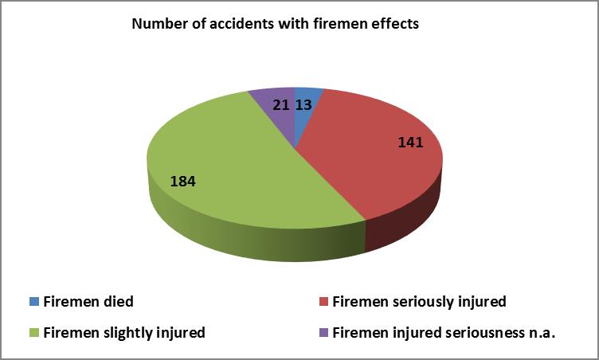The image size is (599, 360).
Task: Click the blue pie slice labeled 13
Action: (306, 111)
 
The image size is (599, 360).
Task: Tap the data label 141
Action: (411, 143)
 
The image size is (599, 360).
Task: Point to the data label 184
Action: (183, 181)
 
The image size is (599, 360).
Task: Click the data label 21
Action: (280, 104)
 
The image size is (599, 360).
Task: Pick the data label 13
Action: (303, 104)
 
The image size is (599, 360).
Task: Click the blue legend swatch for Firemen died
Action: (34, 302)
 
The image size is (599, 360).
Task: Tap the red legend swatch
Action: (323, 302)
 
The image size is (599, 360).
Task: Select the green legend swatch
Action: (34, 332)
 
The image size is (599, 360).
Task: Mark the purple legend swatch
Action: (323, 332)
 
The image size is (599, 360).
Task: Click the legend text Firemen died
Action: (88, 302)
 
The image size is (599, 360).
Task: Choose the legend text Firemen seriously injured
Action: (420, 302)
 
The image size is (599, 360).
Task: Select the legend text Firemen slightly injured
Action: (124, 333)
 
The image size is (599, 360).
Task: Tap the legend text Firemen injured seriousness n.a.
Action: (444, 333)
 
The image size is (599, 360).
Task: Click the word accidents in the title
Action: (241, 24)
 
